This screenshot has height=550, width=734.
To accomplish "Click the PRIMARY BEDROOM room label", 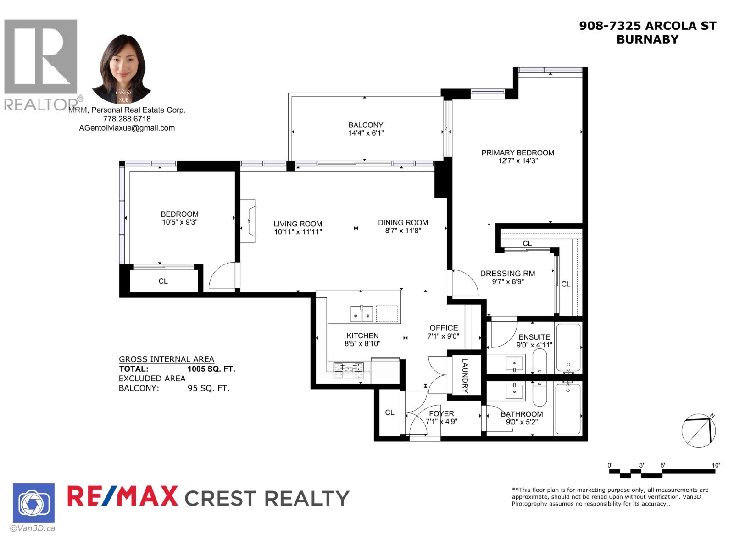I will point(517,153).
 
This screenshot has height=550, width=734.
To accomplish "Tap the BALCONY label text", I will point(366,125).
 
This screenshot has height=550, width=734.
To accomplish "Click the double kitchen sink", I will point(361,314).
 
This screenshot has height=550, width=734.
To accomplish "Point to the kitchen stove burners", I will point(348,370).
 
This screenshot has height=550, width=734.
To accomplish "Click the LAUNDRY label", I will point(465,375).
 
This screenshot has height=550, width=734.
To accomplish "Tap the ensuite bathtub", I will point(568,347).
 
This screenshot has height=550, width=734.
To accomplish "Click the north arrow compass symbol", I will point(699,431).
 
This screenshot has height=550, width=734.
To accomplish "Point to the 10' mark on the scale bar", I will point(715,465).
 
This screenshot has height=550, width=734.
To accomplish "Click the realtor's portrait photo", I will point(122,69).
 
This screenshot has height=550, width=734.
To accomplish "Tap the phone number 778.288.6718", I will point(127,119).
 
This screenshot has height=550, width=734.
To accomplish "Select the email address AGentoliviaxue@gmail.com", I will point(127,128).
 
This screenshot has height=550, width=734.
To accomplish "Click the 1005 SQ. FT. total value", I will point(211,369).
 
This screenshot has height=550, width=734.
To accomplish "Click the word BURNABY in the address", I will point(647,40).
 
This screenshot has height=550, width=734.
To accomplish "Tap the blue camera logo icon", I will point(33,503).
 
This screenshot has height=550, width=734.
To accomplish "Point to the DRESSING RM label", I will point(507,274).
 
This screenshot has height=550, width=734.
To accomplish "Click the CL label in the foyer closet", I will point(389,412).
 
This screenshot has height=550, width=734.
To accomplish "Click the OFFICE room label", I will point(444,328).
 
